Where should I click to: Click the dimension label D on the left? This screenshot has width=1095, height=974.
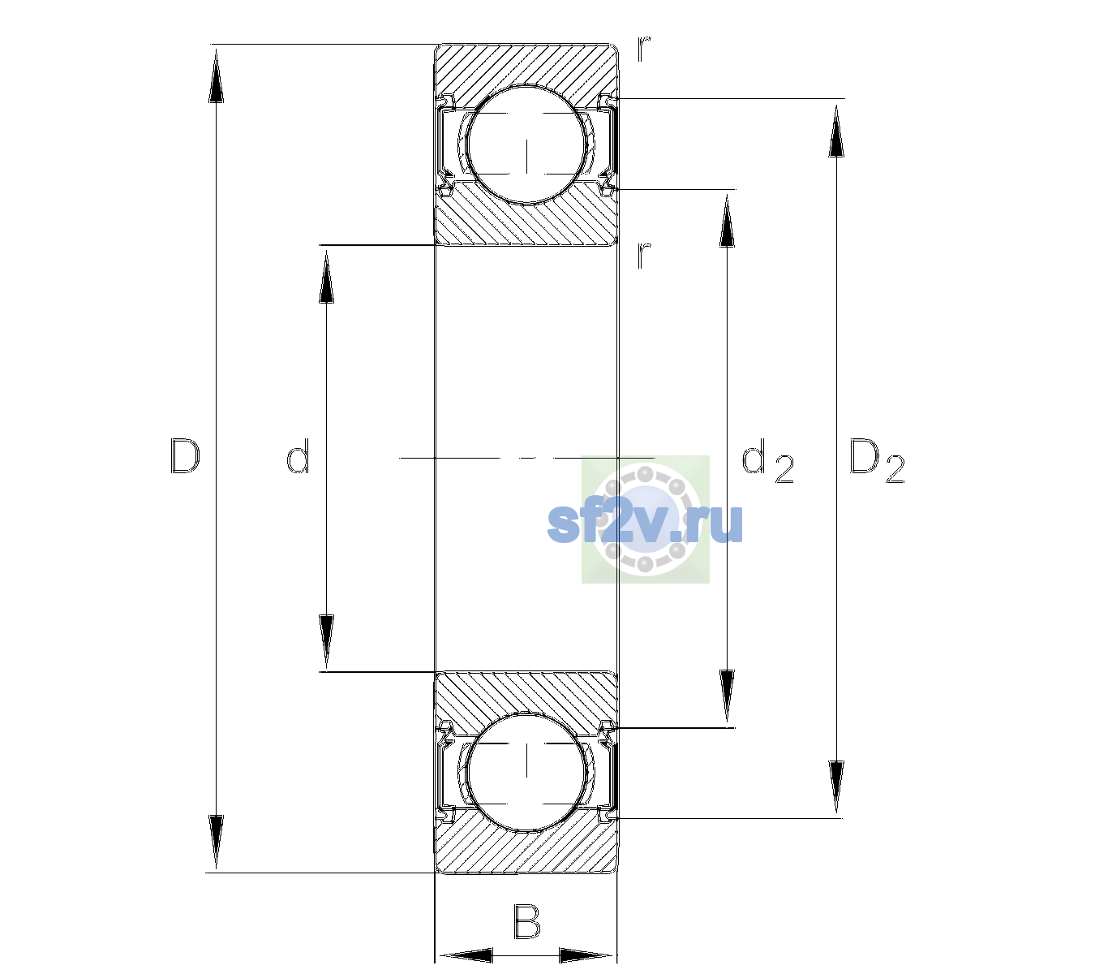185,456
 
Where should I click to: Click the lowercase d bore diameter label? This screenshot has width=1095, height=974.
298,456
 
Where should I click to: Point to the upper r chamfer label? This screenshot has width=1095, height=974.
644,49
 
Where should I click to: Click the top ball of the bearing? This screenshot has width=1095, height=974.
526,144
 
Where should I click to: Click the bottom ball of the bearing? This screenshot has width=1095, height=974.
526,771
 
